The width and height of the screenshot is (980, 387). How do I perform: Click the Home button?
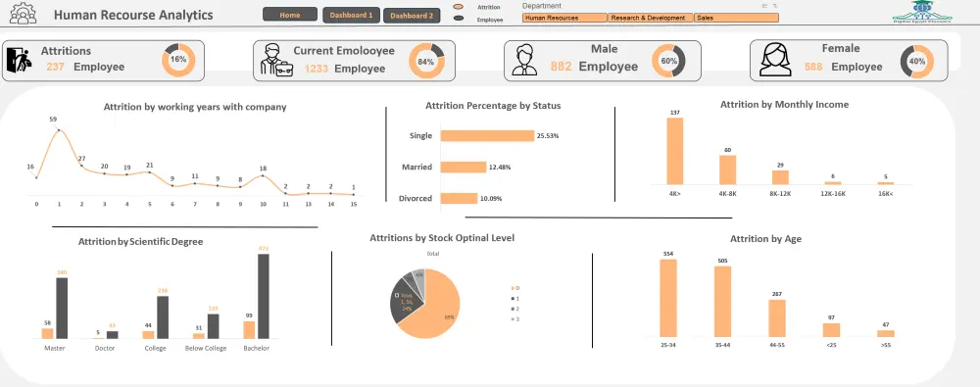(290, 16)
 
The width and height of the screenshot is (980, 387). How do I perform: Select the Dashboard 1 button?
(351, 16)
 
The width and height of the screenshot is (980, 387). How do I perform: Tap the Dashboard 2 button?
(410, 16)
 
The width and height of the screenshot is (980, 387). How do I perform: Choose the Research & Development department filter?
(650, 18)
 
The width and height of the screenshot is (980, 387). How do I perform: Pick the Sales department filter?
(735, 18)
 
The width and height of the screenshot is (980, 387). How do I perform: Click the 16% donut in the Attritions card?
(178, 60)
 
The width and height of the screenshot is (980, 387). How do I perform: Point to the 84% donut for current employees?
(425, 61)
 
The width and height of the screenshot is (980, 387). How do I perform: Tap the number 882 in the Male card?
(561, 67)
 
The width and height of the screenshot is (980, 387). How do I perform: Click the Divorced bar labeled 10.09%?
(459, 199)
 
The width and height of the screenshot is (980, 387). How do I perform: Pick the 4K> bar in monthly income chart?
(674, 151)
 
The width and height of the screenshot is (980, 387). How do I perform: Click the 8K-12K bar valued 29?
(780, 177)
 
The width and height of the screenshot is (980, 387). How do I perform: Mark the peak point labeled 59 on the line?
(59, 129)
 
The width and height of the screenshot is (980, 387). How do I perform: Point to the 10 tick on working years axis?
(262, 204)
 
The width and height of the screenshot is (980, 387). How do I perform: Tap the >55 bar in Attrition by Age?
(886, 333)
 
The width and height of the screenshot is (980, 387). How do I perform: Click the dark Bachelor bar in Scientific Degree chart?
(263, 296)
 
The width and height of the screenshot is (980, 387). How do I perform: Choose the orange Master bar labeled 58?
(47, 332)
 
